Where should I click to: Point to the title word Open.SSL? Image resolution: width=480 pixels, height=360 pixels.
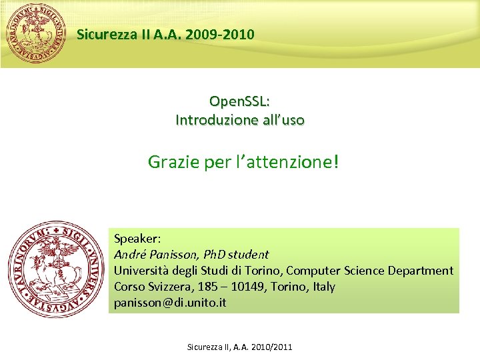coord(239,101)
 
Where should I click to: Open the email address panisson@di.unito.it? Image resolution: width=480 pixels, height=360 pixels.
coord(170,303)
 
